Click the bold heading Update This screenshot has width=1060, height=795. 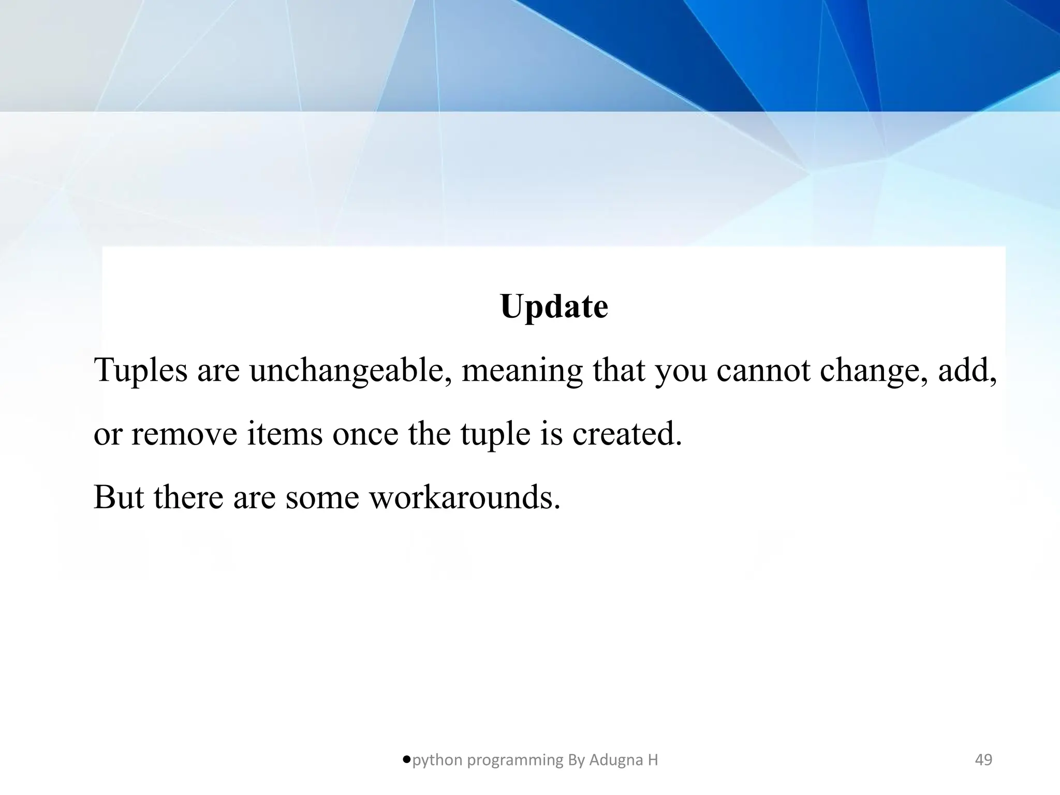[554, 307]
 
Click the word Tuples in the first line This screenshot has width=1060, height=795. [140, 371]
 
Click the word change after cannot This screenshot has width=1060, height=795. [874, 371]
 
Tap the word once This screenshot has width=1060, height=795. [365, 434]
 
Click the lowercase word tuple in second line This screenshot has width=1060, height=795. [495, 434]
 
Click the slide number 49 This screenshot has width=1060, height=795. [983, 760]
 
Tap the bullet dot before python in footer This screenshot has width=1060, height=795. [406, 759]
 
